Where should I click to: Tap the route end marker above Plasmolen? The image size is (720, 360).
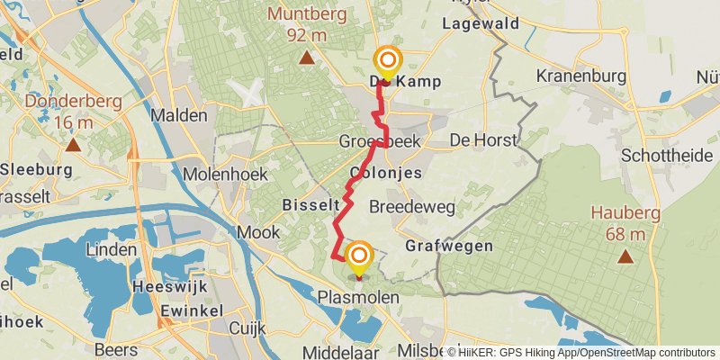click(359, 257)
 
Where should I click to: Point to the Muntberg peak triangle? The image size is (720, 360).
click(307, 59)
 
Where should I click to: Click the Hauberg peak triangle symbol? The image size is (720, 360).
click(625, 257)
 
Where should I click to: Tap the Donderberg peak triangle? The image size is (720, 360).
click(72, 143)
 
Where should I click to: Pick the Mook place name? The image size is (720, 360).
click(252, 232)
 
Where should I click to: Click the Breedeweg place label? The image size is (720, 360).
click(411, 207)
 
